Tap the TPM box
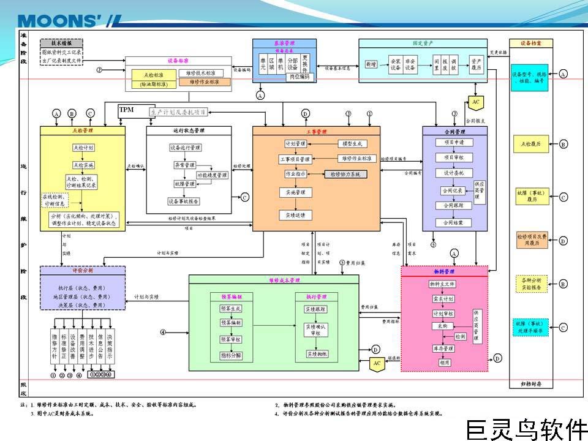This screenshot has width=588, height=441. tap(127, 110)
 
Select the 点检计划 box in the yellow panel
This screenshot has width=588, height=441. tap(83, 148)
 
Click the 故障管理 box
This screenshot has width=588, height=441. tap(184, 183)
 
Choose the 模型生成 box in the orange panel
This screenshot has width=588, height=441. tap(352, 143)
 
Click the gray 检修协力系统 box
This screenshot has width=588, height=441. tap(345, 175)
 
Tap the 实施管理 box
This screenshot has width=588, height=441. tap(295, 192)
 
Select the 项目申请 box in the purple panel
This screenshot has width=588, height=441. tap(454, 143)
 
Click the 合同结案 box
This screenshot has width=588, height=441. tap(454, 222)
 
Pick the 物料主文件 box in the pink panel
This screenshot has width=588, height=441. tap(442, 284)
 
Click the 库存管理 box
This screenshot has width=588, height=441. tap(442, 349)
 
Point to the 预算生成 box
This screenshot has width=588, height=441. tap(231, 309)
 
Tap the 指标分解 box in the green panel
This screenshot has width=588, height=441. tap(231, 355)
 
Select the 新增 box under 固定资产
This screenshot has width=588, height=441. tap(371, 64)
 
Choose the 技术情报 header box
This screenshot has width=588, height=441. tap(62, 44)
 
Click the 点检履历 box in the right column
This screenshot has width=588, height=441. tap(530, 144)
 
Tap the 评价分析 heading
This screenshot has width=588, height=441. tap(83, 270)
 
